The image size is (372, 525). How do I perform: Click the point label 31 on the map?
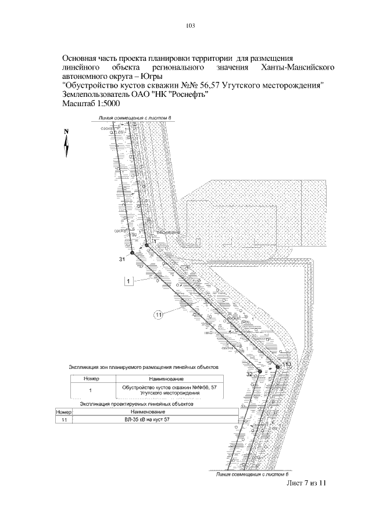123,258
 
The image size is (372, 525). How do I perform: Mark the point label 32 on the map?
249,375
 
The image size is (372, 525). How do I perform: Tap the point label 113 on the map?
287,364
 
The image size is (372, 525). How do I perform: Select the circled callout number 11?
161,315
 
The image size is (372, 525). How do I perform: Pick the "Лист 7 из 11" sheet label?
308,483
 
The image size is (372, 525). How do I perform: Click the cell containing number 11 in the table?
64,419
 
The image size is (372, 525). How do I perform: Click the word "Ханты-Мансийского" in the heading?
298,68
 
